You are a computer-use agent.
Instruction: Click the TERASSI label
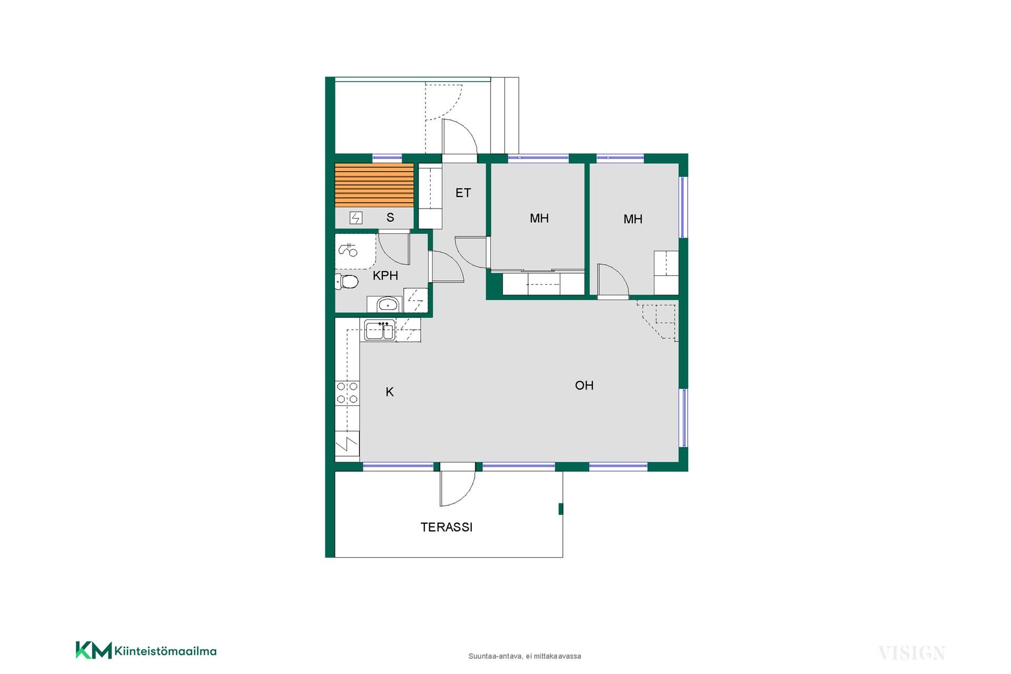447,527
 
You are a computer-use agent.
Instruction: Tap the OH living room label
584,385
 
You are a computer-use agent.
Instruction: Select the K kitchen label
390,392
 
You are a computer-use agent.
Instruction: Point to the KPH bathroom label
385,275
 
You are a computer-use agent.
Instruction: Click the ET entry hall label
463,193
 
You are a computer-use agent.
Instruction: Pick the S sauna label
390,217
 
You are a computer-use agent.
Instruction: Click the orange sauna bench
374,185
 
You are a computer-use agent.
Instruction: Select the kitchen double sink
380,330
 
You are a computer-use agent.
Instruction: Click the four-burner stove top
347,393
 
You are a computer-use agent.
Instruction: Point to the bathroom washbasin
388,304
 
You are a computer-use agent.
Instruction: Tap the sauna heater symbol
356,217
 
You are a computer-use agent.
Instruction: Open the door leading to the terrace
458,485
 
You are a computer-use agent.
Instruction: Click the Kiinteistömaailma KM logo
146,651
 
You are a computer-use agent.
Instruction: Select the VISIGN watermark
911,653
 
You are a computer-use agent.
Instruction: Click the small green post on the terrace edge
561,509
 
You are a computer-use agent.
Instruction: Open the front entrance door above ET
459,138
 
